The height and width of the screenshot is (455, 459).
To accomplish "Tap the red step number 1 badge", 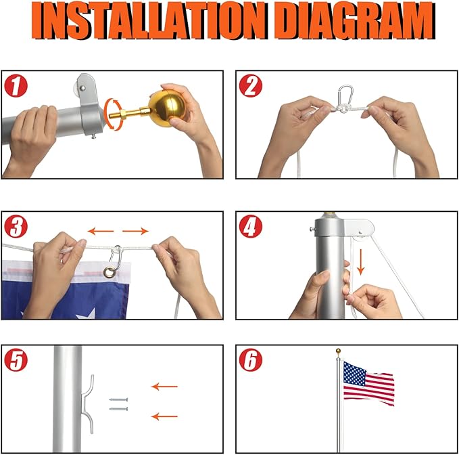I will [16, 86].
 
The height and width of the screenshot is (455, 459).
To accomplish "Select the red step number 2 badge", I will [252, 86].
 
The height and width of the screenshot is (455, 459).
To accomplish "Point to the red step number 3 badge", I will [16, 226].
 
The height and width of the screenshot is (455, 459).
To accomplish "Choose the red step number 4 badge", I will [252, 226].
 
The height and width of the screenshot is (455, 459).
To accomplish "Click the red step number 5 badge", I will [16, 360].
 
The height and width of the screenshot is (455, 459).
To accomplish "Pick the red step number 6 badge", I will [252, 360].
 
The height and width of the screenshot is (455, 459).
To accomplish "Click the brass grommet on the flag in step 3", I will [109, 273].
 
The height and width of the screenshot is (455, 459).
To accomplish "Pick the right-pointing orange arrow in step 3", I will [136, 231].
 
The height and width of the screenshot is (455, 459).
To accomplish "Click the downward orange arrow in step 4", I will [361, 263].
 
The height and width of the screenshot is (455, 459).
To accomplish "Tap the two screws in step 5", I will [118, 405].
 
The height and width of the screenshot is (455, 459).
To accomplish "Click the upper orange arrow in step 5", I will [164, 387].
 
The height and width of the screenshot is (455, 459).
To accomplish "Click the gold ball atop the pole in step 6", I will [338, 351].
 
